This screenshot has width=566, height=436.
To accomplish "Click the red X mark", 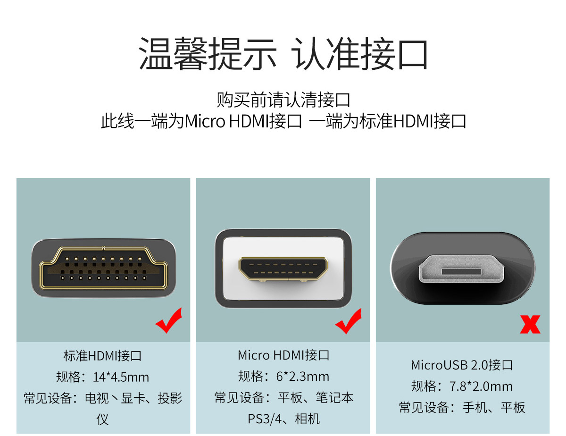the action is tap(530, 324).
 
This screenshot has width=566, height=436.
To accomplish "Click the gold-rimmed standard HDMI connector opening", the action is tap(103, 268).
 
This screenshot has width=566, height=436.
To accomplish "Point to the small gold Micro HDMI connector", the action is tap(283, 269).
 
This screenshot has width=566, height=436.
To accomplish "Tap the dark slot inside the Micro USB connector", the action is tap(461, 272).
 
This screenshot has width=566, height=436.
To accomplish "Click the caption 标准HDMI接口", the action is tap(102, 356).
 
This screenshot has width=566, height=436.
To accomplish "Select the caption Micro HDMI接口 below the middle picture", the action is tap(283, 355).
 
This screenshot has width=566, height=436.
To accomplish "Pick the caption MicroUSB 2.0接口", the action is tap(462, 365).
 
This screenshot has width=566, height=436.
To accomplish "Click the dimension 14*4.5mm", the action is tap(121, 377).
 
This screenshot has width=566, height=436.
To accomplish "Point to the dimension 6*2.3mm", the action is tap(303, 377).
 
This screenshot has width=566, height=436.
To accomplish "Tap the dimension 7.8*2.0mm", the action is tap(481, 386).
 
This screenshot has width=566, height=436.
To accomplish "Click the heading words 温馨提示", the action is tap(207, 53).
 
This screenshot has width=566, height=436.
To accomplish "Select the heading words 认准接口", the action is tap(359, 53).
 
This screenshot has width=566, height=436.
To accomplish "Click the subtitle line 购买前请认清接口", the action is tap(283, 100).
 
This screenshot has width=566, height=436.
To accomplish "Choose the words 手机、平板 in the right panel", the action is tap(493, 408).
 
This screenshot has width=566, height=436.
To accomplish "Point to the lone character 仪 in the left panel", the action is tap(102, 419).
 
